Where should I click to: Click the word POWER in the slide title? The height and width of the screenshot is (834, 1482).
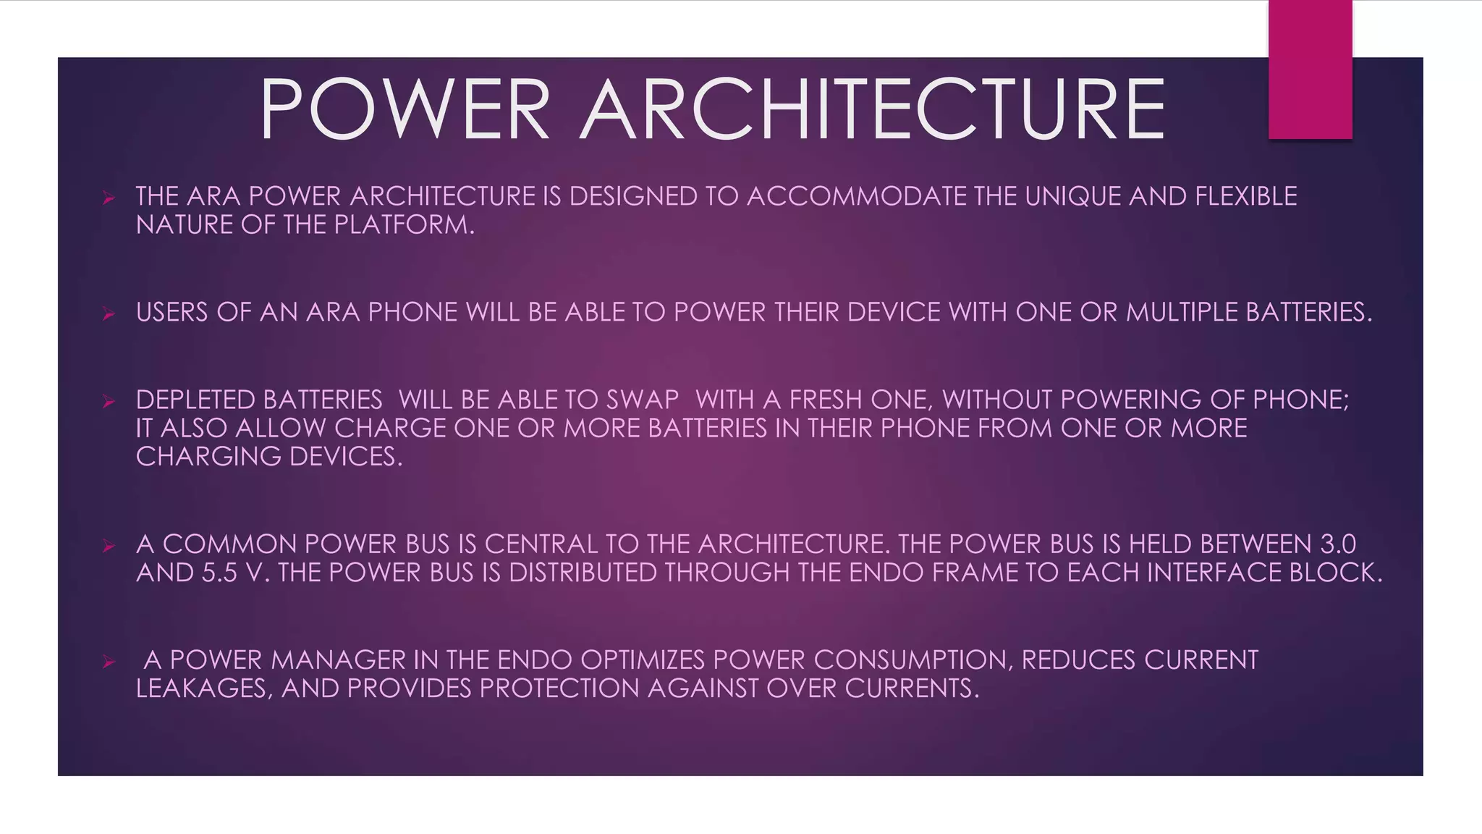[405, 110]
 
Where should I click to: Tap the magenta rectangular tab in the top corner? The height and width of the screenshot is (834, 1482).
[1310, 69]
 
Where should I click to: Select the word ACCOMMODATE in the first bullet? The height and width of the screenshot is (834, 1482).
[857, 196]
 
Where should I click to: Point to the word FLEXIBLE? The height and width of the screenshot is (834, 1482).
[1245, 196]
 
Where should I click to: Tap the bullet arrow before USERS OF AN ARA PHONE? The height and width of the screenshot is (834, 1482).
[109, 313]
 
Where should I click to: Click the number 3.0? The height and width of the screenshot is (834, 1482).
[1338, 544]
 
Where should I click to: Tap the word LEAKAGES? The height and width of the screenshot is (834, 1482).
[202, 688]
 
